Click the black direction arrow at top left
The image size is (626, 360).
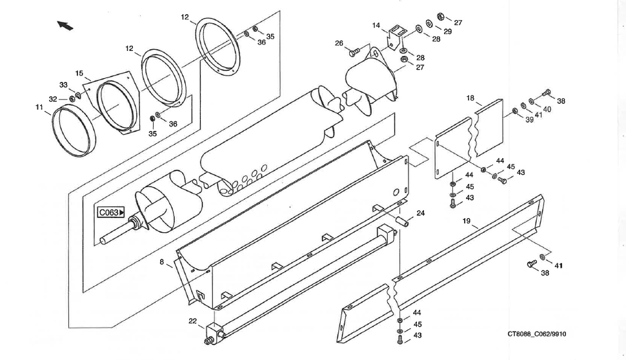point(65,25)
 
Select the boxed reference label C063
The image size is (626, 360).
point(112,212)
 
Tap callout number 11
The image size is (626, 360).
point(39,107)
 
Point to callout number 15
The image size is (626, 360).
point(79,74)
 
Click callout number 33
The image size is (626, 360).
point(63,85)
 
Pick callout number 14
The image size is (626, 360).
point(376,26)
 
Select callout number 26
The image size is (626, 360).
point(339,43)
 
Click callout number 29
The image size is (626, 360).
point(447,32)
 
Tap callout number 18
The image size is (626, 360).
point(470,98)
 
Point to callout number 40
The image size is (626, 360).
point(547,110)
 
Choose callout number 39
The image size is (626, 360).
point(529,120)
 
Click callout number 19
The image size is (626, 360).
point(467,221)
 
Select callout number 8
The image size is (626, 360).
point(161,262)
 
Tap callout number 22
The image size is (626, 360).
point(193,321)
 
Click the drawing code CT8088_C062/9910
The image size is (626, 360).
point(536,334)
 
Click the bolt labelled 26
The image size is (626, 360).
point(354,51)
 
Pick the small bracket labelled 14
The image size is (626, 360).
point(395,37)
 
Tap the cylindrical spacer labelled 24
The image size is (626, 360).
point(402,220)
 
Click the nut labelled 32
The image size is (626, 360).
point(72,99)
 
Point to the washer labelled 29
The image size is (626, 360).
point(429,23)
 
